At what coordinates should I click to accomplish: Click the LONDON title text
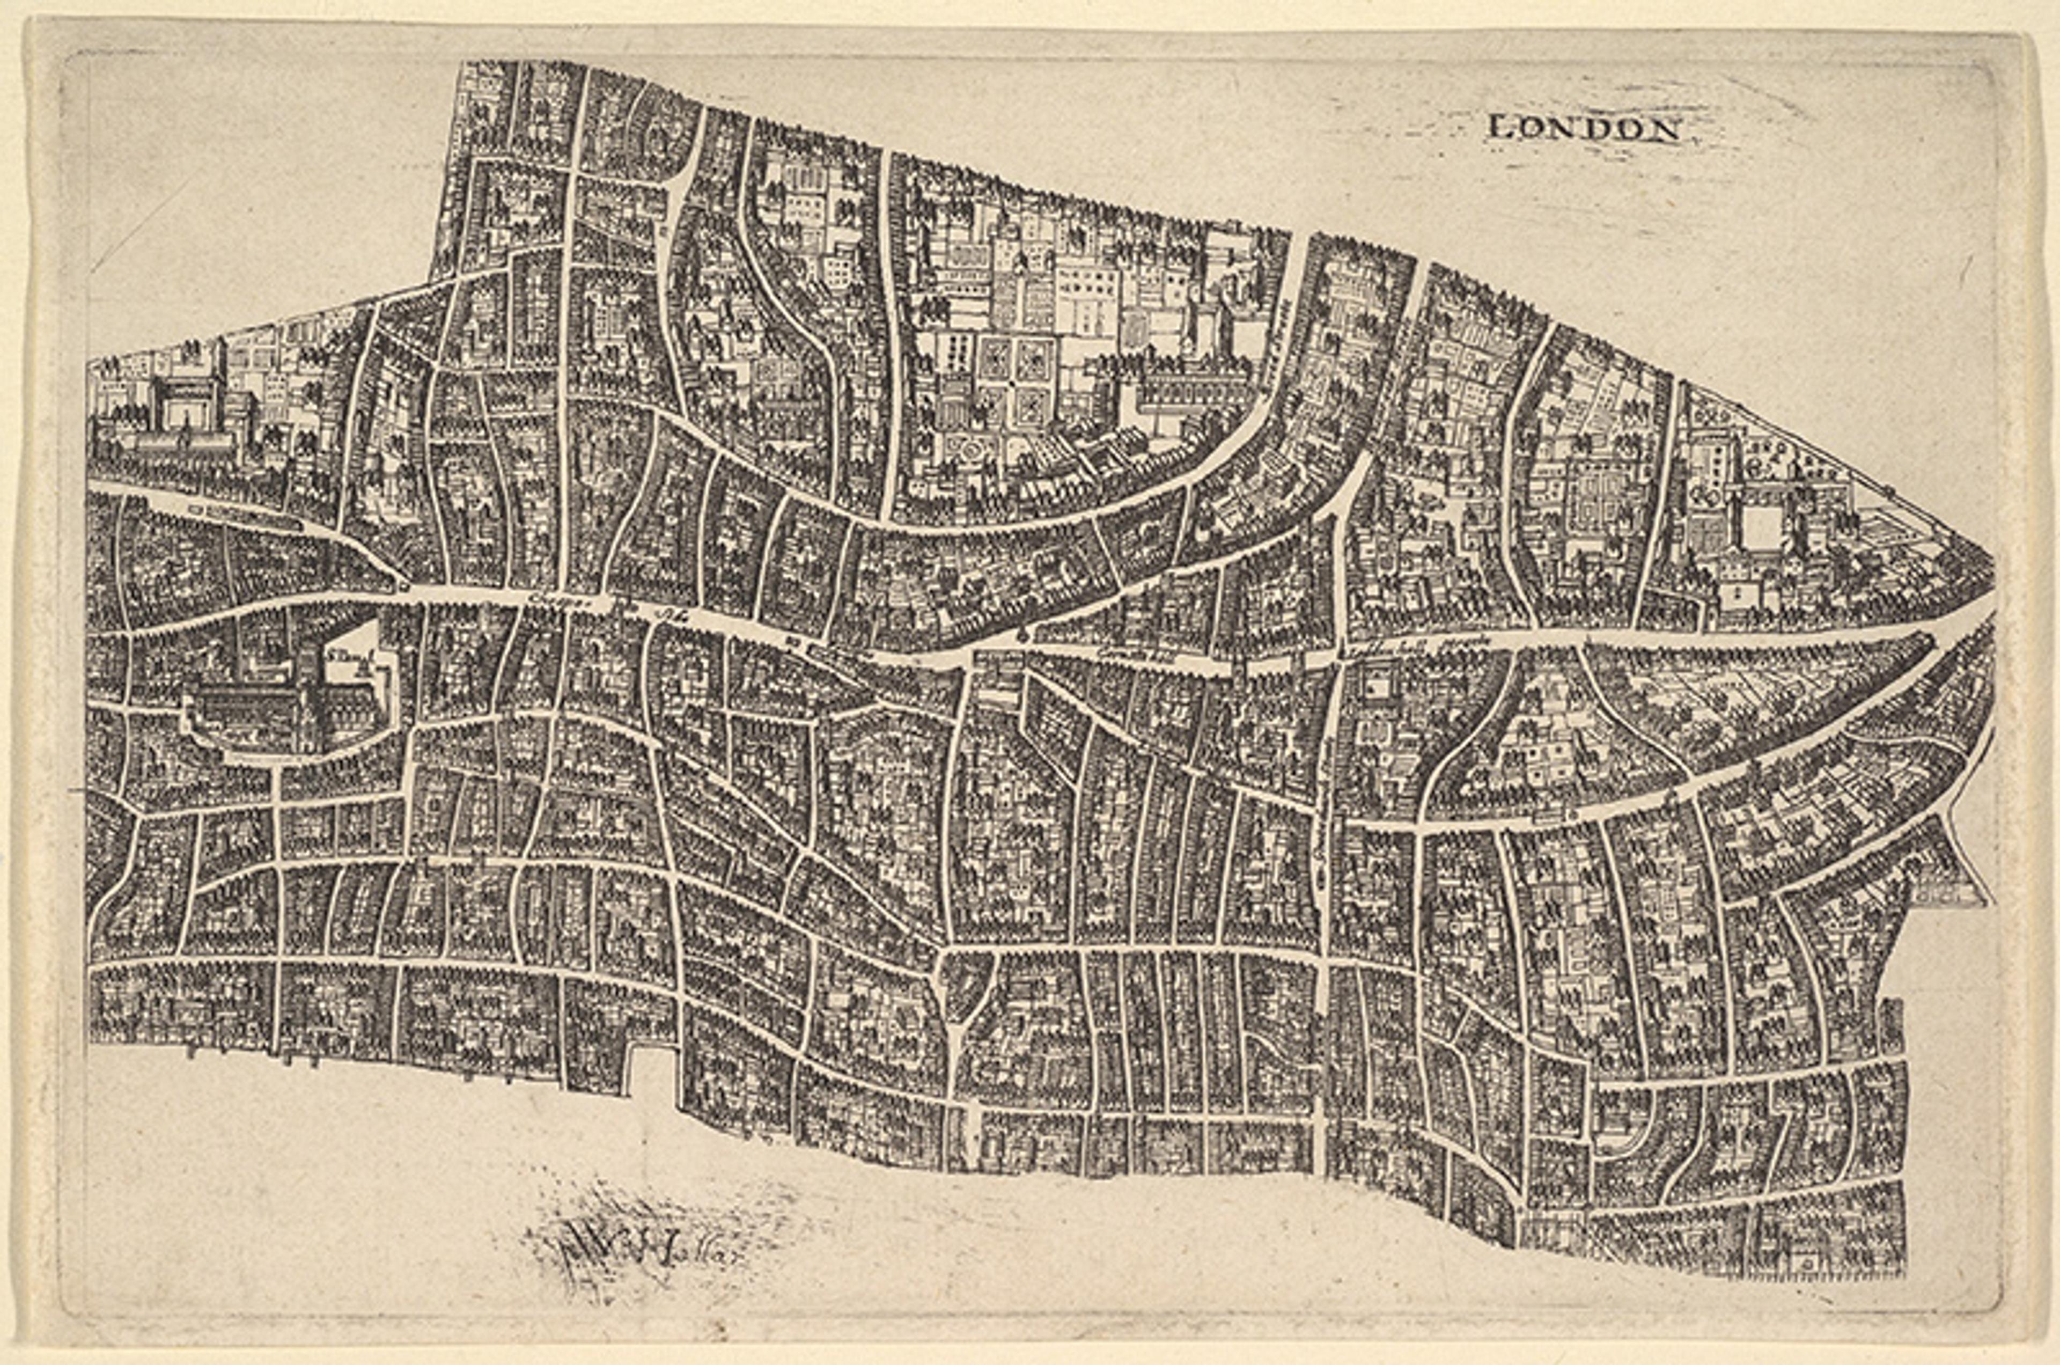coord(1584,129)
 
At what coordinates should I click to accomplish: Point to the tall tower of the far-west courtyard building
coord(223,365)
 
